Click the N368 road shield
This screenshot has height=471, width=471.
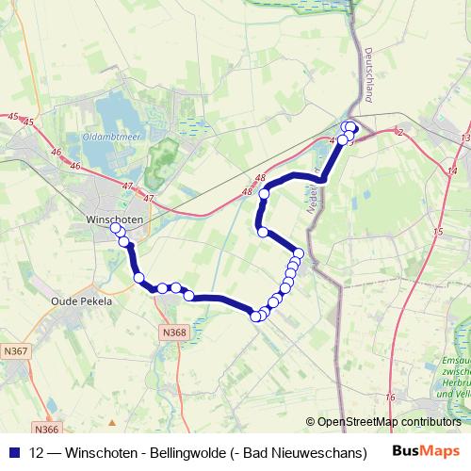point(172,333)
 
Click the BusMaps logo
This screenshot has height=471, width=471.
point(426,452)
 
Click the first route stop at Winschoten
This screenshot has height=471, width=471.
point(116,228)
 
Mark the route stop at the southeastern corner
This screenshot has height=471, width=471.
point(255,317)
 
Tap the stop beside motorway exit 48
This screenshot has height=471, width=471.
point(265,194)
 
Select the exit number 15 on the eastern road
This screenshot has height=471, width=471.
point(438,232)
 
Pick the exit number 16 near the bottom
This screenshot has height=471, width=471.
point(390,398)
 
